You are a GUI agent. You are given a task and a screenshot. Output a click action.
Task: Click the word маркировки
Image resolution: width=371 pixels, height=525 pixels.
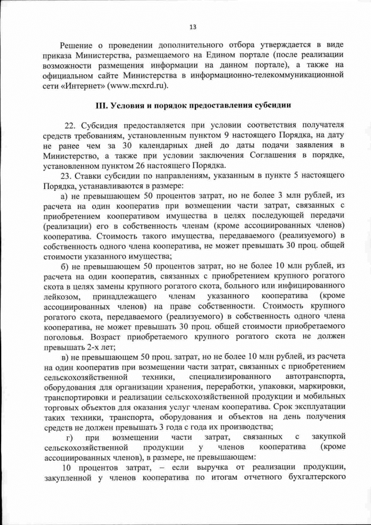click(321, 389)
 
